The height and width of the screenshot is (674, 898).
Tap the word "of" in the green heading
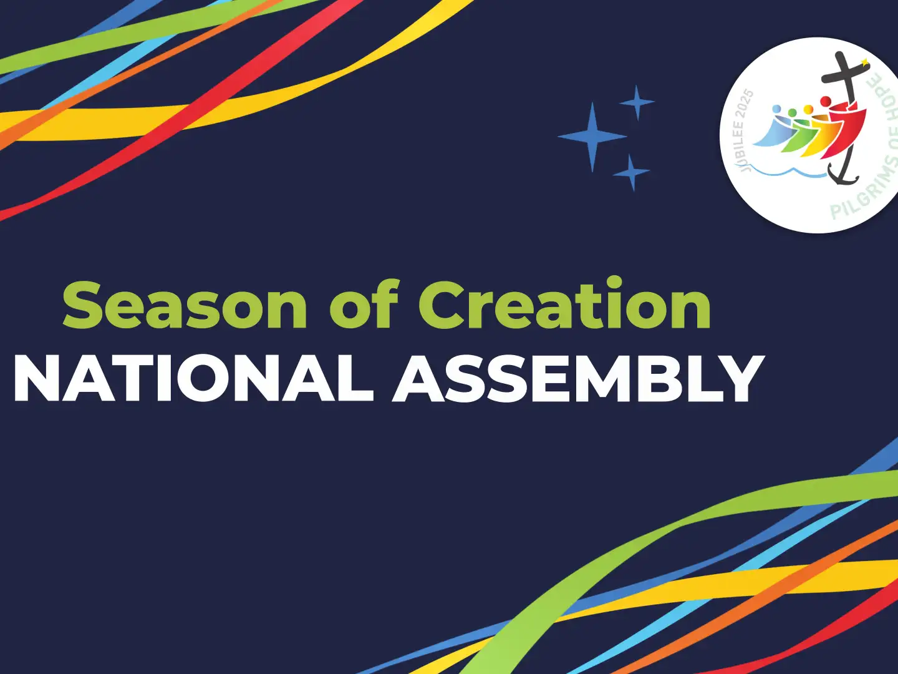click(x=364, y=305)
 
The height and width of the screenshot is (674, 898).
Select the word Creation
click(x=564, y=304)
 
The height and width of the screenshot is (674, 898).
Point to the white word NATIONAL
click(x=193, y=379)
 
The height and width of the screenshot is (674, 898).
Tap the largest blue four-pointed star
click(x=592, y=137)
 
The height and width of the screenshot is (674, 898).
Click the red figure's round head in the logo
click(x=825, y=102)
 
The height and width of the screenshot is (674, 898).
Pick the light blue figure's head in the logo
click(x=777, y=109)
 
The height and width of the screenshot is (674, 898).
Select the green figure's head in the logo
click(x=793, y=112)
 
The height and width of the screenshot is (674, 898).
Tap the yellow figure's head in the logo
click(x=808, y=110)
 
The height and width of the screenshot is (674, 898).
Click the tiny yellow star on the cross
click(x=864, y=62)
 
